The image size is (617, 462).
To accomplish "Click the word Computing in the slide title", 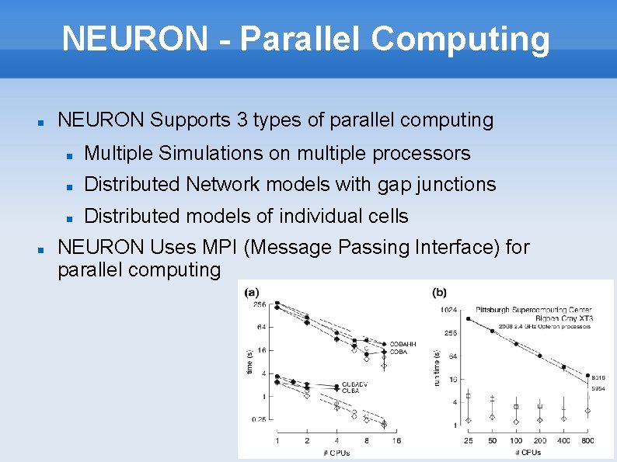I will point(460,38).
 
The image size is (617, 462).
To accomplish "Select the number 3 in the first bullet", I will point(242,120).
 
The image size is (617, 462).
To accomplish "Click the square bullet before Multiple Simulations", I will point(69,155).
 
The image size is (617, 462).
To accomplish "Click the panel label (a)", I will point(252,292).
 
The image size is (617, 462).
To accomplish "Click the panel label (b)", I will point(439,292).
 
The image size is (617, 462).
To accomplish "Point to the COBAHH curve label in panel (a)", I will point(403,344).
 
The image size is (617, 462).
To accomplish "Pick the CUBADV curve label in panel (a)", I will point(354,384).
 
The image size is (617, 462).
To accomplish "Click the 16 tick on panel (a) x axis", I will point(396,441).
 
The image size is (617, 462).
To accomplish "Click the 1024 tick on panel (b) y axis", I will point(448,310).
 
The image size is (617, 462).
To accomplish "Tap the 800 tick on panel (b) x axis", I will point(587,441).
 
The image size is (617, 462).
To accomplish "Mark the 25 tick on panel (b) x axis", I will point(468,441).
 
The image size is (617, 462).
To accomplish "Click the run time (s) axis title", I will point(437,366).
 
